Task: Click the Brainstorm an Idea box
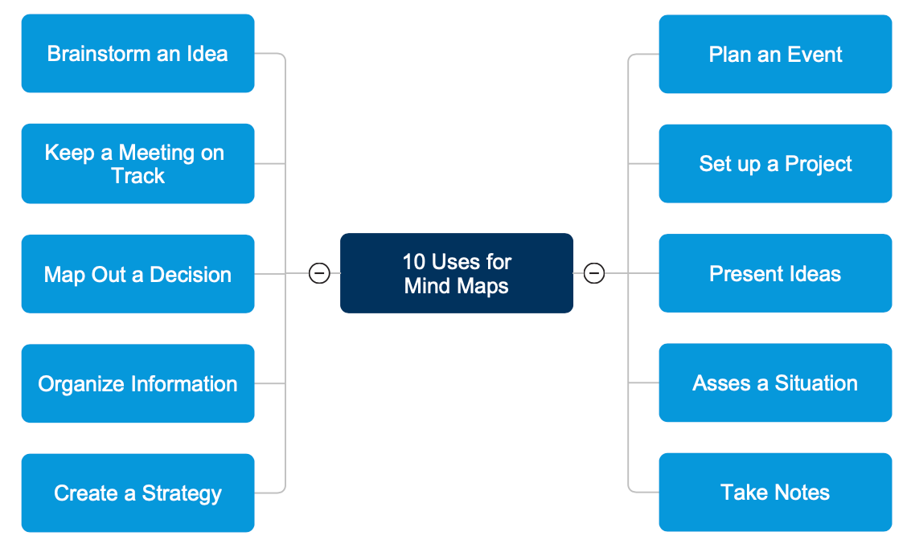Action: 137,54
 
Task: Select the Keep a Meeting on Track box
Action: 137,164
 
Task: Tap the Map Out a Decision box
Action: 137,274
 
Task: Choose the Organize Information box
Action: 137,383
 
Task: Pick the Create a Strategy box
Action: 137,493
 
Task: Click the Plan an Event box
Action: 775,54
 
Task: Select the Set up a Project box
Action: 775,164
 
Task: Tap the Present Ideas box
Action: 775,273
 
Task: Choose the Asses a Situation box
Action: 775,382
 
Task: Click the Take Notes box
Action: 775,492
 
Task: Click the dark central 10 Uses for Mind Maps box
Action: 456,273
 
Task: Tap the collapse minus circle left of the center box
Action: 319,273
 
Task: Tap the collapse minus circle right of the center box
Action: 593,273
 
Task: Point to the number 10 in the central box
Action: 413,262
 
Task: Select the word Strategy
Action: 182,493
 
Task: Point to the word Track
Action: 137,176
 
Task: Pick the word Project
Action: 818,165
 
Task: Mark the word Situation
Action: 815,383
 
